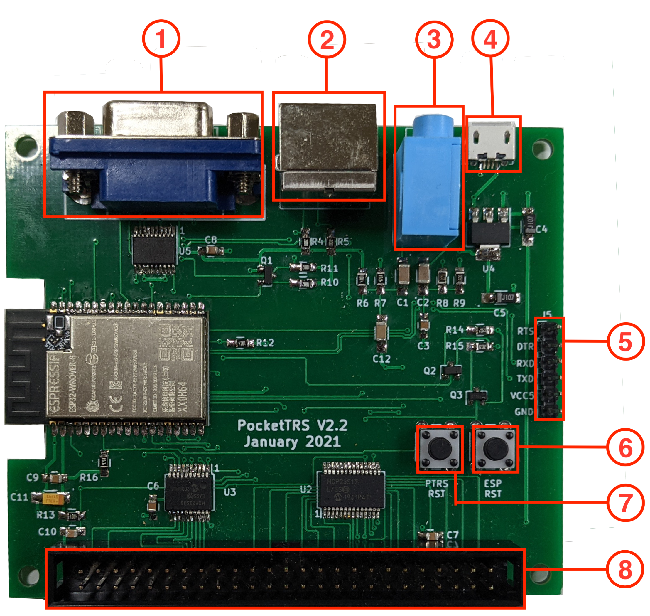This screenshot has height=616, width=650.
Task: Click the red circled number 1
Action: click(x=161, y=39)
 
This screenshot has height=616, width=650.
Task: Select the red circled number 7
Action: click(x=625, y=503)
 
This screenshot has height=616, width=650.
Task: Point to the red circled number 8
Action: click(x=625, y=570)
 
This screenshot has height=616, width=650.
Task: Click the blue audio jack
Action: click(x=428, y=184)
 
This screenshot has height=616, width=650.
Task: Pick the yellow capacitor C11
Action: click(x=51, y=497)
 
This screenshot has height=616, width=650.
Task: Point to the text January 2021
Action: click(x=292, y=442)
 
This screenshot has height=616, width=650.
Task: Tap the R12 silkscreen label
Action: click(x=265, y=343)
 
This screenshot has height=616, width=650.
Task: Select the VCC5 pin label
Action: click(x=522, y=396)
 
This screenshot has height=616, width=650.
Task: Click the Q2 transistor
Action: click(x=452, y=370)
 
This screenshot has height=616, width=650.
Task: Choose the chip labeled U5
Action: click(x=155, y=245)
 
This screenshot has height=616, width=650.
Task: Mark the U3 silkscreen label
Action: click(x=230, y=492)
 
